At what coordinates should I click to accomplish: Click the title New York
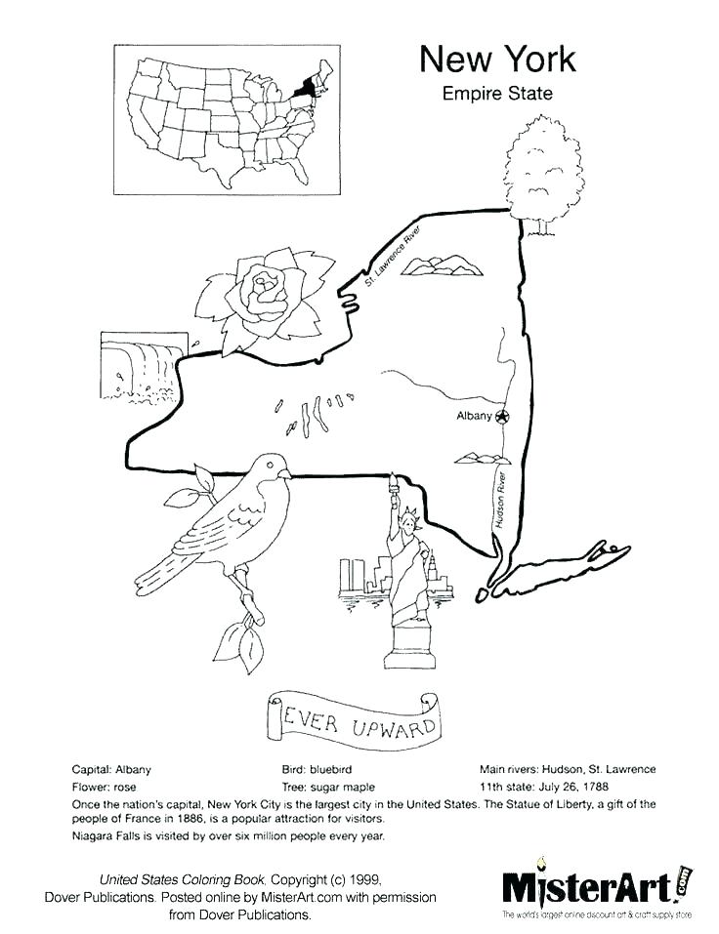click(x=497, y=60)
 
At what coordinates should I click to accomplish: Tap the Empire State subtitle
click(x=497, y=95)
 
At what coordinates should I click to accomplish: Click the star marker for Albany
click(x=502, y=417)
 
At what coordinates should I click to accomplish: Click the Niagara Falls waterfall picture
click(x=143, y=366)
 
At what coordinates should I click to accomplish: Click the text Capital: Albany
click(x=112, y=769)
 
